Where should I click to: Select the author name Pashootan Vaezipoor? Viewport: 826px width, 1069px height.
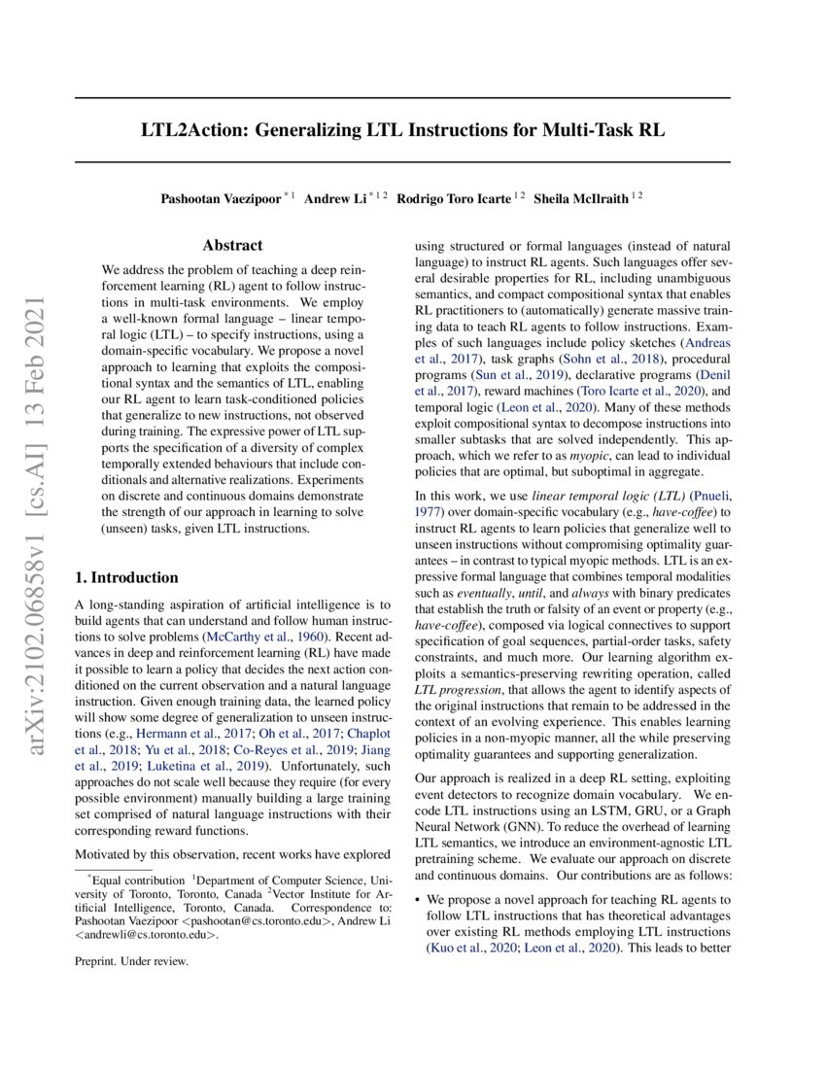[221, 198]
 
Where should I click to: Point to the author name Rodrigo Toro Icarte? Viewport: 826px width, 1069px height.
[457, 198]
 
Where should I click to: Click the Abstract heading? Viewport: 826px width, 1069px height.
[232, 246]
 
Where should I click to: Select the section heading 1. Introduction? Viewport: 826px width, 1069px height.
[127, 577]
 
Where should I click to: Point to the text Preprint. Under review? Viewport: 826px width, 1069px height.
[132, 962]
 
